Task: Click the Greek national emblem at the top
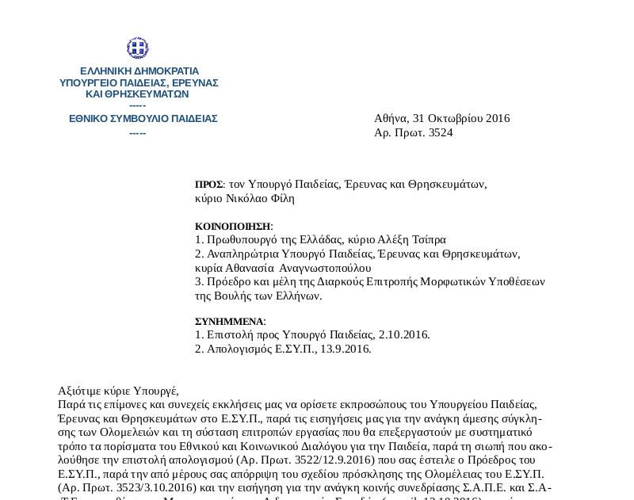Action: pos(137,49)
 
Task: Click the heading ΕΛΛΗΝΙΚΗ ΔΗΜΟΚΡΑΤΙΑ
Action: pos(139,71)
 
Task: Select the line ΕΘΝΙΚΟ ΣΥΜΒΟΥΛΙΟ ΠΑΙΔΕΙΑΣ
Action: pos(143,119)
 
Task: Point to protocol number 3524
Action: pos(441,133)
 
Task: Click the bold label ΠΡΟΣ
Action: pos(208,185)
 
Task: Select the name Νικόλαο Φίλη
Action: pos(261,198)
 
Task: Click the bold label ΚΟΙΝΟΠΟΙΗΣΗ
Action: pos(233,226)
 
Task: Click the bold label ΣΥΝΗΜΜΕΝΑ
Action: pos(229,322)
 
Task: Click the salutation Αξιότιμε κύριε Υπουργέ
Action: pos(119,391)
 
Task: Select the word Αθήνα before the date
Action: pos(391,119)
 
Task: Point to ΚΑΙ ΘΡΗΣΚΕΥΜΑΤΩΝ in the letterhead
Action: pos(136,94)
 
